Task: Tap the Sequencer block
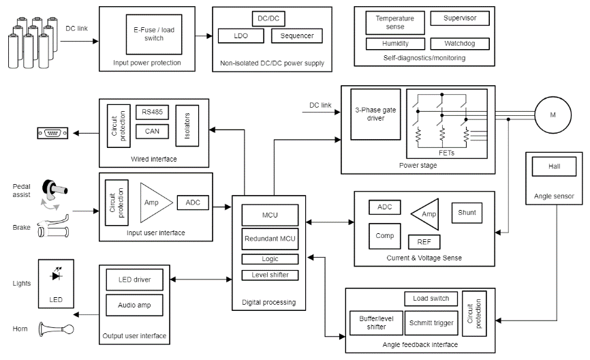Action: pyautogui.click(x=296, y=35)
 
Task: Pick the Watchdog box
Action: pyautogui.click(x=459, y=43)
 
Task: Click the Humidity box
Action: pyautogui.click(x=395, y=43)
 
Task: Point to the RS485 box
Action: pyautogui.click(x=148, y=112)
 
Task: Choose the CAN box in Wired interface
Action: pyautogui.click(x=148, y=130)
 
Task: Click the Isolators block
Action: pyautogui.click(x=187, y=125)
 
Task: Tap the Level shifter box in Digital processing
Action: pyautogui.click(x=270, y=275)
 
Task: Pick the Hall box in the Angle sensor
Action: pyautogui.click(x=554, y=166)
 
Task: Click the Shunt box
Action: pyautogui.click(x=467, y=212)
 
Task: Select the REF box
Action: pyautogui.click(x=424, y=242)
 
